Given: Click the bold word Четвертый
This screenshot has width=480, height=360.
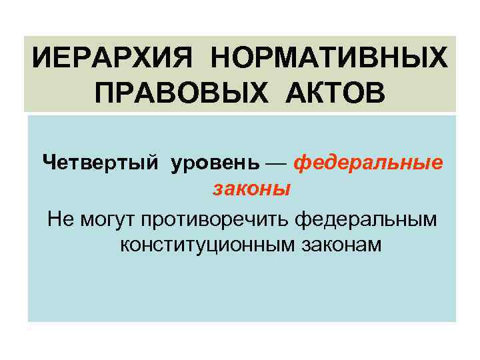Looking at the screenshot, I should [99, 162].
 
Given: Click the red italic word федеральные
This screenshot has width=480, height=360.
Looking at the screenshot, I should [367, 162].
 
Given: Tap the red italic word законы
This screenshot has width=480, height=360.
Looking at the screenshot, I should [251, 189].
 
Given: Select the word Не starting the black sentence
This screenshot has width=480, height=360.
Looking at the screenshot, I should [57, 217].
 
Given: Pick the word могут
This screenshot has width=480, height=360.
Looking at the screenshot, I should [103, 218].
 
